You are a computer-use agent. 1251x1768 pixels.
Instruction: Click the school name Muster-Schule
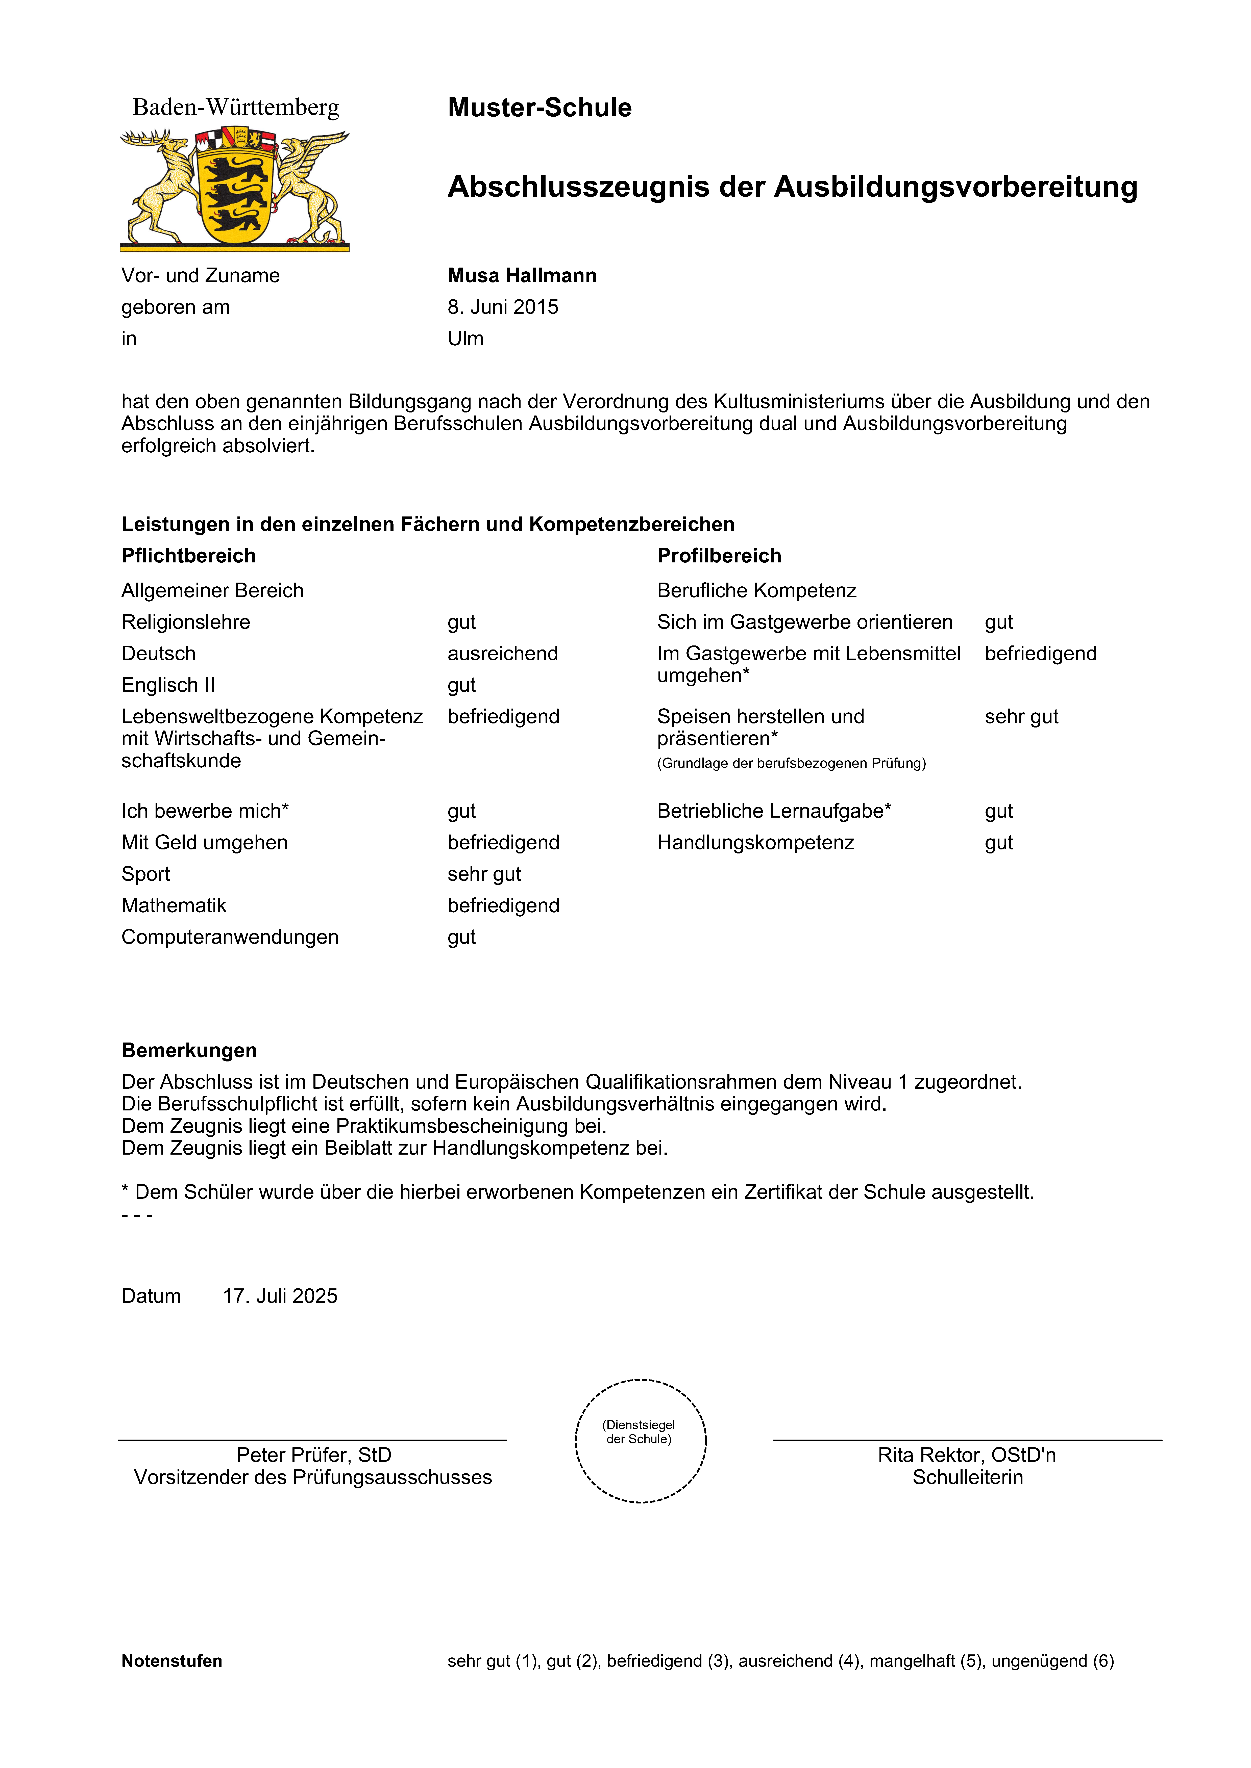[539, 108]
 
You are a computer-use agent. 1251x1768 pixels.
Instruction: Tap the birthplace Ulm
[465, 339]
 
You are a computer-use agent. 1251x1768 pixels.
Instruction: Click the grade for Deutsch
[502, 654]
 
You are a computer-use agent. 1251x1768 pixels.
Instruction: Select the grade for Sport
[484, 874]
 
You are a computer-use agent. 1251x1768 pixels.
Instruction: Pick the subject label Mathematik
[174, 905]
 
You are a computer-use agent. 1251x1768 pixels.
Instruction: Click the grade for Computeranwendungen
[461, 937]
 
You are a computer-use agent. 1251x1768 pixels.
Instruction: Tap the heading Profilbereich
[719, 556]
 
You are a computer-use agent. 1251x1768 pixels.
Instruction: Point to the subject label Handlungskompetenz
[755, 842]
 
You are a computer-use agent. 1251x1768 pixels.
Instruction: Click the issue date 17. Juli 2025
[280, 1296]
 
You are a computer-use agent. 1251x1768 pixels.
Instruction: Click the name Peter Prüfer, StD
[313, 1454]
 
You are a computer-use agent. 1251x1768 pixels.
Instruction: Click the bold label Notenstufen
[172, 1661]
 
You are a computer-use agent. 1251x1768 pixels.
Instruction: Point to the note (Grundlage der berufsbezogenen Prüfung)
[791, 763]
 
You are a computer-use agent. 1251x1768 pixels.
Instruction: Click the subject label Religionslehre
[186, 622]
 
